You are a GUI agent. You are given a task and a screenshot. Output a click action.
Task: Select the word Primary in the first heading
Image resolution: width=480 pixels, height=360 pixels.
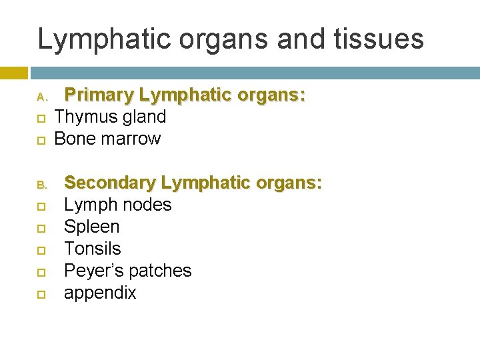[x=97, y=95]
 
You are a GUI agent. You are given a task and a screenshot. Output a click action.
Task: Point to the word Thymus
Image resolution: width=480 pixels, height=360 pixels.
[x=82, y=117]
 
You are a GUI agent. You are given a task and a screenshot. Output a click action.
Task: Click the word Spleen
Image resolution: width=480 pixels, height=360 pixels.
[x=91, y=227]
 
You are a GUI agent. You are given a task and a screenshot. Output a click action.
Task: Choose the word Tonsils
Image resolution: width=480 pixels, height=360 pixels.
[x=92, y=249]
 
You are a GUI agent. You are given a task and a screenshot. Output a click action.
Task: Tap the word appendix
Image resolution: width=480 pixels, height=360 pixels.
[x=99, y=293]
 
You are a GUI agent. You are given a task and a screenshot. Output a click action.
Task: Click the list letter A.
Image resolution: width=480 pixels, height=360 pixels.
[x=41, y=97]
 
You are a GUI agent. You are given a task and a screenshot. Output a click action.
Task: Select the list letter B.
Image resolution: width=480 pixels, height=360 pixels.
[x=41, y=184]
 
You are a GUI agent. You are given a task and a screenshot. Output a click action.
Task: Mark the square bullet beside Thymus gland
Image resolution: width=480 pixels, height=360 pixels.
[x=41, y=119]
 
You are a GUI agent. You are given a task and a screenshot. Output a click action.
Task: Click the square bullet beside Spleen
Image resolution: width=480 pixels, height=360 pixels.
[x=41, y=228]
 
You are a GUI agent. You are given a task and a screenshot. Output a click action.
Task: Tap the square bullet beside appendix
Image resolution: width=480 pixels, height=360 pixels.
[x=41, y=294]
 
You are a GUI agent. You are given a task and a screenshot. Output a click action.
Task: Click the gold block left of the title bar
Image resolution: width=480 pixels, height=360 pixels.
[x=14, y=72]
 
